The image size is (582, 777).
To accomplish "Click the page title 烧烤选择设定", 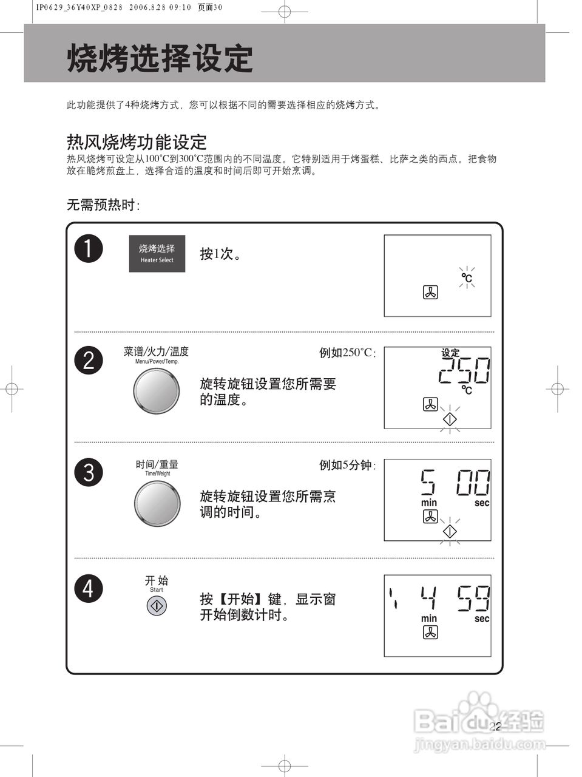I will click(x=159, y=59).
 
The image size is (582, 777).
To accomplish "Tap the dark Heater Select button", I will click(x=157, y=254).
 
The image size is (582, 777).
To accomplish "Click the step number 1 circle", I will click(x=89, y=249).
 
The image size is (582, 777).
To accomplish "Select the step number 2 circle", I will click(x=89, y=361).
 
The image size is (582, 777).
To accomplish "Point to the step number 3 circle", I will click(x=89, y=472).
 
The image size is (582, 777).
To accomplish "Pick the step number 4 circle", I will click(x=89, y=588).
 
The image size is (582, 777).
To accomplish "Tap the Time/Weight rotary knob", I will click(x=157, y=503).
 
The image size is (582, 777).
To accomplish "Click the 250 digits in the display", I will click(x=464, y=371).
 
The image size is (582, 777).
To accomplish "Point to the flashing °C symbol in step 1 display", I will click(x=466, y=278).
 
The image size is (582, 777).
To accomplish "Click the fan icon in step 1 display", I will click(x=430, y=293).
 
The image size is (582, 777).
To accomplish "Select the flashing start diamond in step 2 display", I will click(x=450, y=419).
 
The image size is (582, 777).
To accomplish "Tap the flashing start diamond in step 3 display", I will click(x=450, y=531).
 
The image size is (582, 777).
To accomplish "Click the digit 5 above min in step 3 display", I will click(x=428, y=483).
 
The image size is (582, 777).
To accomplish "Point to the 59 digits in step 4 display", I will click(x=473, y=599).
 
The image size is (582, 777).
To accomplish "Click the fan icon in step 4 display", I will click(x=430, y=633).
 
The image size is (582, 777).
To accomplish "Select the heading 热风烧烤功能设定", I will click(x=137, y=142).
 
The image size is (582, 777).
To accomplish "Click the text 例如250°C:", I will click(x=348, y=353).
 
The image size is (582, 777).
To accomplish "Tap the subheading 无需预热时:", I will click(x=103, y=205).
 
